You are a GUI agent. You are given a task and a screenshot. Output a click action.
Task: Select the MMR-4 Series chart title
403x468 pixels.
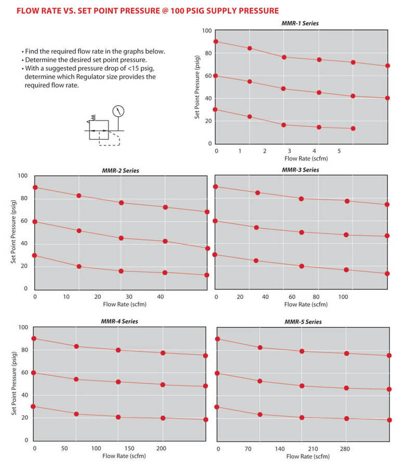(x=120, y=321)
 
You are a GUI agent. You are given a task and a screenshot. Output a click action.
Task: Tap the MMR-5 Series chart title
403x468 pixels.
(x=303, y=322)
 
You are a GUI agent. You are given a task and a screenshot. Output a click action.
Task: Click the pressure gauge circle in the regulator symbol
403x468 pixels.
(x=119, y=111)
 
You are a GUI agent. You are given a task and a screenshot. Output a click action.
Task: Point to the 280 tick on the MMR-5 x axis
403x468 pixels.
(x=345, y=448)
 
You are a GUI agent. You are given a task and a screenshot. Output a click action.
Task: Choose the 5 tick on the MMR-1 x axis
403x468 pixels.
(x=339, y=151)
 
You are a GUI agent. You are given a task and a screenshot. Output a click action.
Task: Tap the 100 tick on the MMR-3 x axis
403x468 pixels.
(x=343, y=297)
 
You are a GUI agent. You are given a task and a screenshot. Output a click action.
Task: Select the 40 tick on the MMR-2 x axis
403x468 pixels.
(x=160, y=296)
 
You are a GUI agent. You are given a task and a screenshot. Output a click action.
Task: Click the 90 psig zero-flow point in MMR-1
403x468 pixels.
(x=216, y=42)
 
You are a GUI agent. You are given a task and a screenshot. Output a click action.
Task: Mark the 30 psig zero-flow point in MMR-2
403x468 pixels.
(x=35, y=255)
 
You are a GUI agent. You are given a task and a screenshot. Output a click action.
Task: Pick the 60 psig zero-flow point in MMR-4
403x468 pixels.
(x=34, y=373)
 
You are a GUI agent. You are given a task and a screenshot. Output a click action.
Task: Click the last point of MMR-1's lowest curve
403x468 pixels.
(x=353, y=128)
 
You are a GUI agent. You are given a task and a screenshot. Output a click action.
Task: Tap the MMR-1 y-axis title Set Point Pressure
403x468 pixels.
(x=198, y=87)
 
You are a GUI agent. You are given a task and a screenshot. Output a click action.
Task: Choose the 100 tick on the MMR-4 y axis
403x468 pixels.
(x=23, y=328)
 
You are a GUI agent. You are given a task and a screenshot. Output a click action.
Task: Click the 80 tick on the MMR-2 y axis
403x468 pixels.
(x=23, y=199)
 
